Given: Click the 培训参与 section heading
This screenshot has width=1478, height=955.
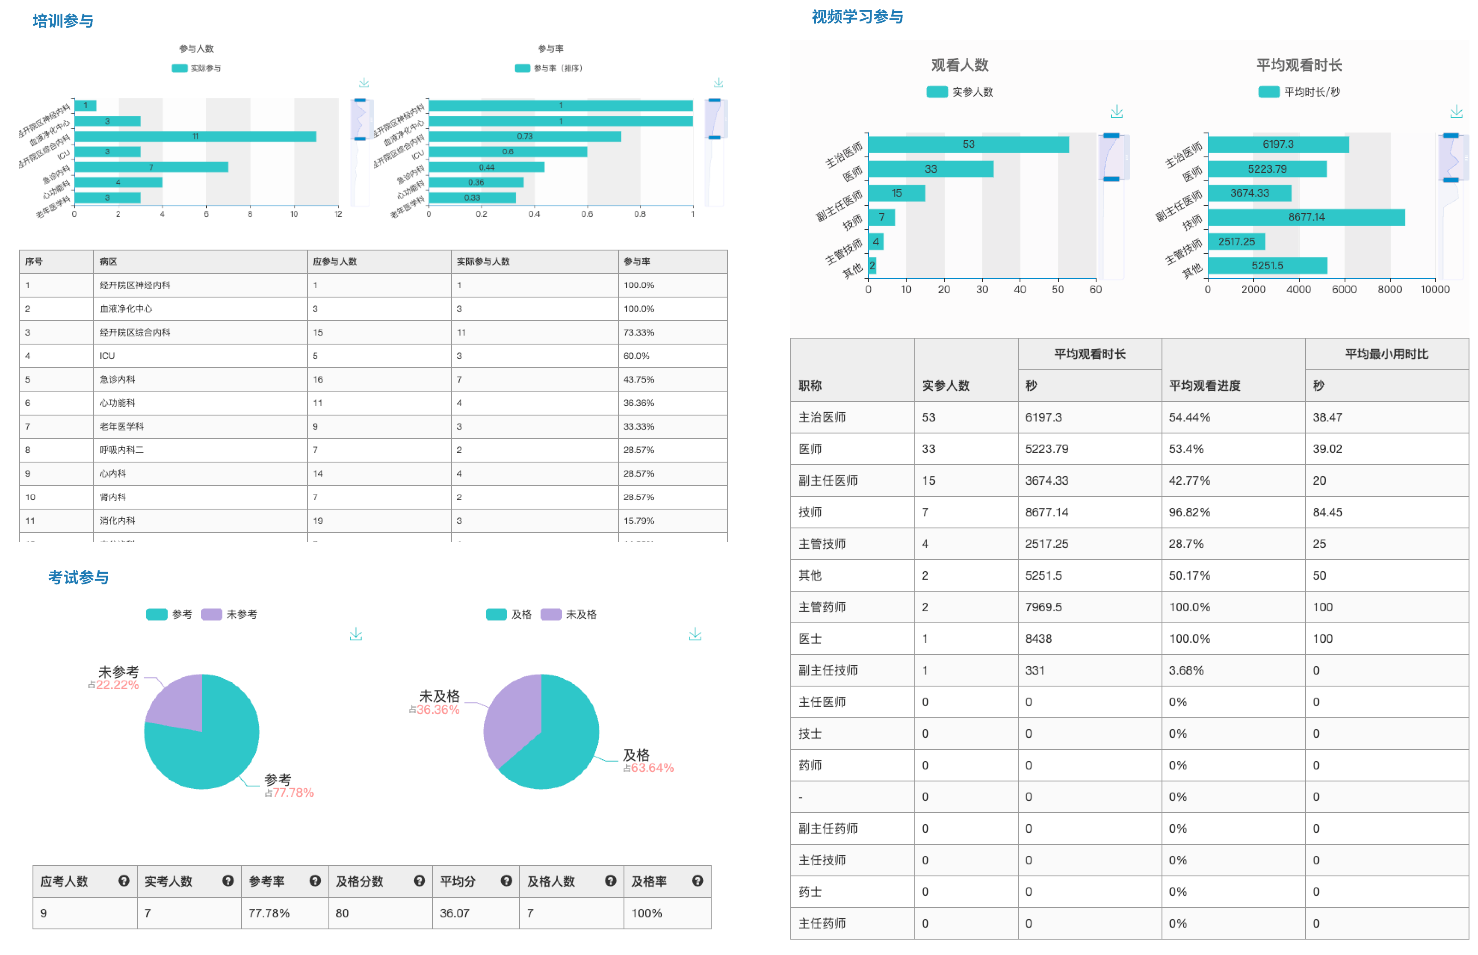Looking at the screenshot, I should (62, 21).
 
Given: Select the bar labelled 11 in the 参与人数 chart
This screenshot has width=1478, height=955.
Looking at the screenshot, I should (195, 136).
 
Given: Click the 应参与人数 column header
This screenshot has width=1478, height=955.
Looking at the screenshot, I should (335, 262).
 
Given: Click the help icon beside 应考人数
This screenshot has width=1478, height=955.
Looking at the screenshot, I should (124, 881).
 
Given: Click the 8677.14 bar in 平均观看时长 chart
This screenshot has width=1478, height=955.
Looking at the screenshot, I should (1306, 217).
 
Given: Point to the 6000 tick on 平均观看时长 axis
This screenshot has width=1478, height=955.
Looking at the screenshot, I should (1344, 289).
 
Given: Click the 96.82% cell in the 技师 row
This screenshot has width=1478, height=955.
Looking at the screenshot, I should (1189, 512).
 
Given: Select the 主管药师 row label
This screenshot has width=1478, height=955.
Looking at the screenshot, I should (822, 607).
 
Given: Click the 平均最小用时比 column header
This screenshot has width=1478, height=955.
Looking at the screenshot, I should (1386, 354).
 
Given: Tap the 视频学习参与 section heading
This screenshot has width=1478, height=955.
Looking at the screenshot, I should (857, 17).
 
